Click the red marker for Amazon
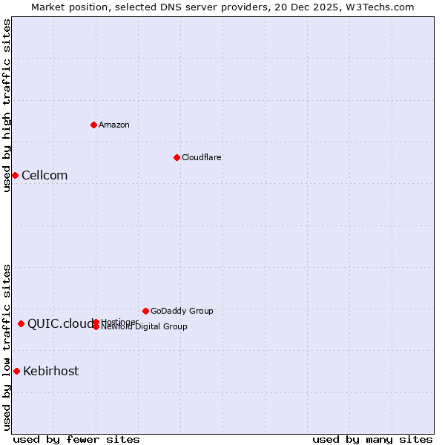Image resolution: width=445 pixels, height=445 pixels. [93, 125]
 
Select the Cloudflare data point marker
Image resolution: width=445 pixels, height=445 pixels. [177, 157]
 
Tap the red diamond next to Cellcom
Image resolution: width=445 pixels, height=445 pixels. [15, 175]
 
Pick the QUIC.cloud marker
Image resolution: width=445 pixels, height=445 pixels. [21, 323]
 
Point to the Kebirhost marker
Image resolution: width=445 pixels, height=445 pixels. [16, 371]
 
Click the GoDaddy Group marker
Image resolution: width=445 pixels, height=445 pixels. [145, 311]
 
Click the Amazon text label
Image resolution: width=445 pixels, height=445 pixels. [114, 125]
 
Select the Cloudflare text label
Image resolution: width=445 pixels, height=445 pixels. [202, 157]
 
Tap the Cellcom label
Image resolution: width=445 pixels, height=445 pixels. [44, 176]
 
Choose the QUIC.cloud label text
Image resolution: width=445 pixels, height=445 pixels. [61, 324]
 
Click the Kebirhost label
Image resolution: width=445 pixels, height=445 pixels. [50, 372]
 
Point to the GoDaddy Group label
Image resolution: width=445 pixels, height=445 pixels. [182, 311]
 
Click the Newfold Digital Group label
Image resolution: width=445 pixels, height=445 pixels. [145, 327]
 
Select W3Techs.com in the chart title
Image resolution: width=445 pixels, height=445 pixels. [378, 7]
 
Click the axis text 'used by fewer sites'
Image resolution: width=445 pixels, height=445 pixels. [76, 439]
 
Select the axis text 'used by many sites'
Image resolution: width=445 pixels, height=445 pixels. [372, 439]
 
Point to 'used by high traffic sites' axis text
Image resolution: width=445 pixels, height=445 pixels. [7, 105]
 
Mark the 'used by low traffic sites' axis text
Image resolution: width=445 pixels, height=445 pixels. [7, 347]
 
